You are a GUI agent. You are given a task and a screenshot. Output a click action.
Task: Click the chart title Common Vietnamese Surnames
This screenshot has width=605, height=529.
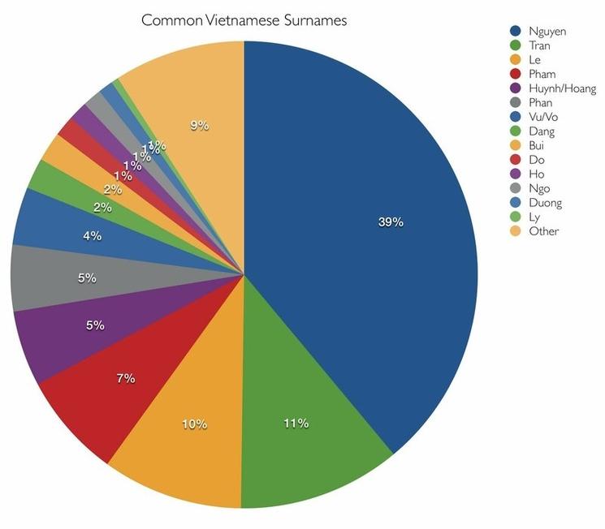(x=244, y=19)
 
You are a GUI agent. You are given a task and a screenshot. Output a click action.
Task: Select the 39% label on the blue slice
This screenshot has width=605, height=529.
(x=391, y=221)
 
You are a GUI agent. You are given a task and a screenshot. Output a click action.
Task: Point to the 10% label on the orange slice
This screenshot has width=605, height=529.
(x=195, y=424)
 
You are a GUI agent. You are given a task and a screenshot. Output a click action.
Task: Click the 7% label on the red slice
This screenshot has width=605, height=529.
(x=125, y=378)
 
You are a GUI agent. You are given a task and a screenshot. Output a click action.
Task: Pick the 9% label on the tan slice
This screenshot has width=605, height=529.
(x=200, y=125)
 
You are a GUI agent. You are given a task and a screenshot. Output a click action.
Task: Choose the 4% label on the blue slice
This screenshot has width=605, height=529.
(x=92, y=236)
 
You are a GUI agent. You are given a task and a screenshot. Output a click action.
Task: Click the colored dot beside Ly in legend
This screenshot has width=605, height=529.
(x=515, y=217)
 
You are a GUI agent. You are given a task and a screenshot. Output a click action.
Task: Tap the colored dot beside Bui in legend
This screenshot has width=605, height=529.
(x=515, y=146)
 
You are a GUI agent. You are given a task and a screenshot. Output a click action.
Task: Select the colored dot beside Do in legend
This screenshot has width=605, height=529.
(x=515, y=161)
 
